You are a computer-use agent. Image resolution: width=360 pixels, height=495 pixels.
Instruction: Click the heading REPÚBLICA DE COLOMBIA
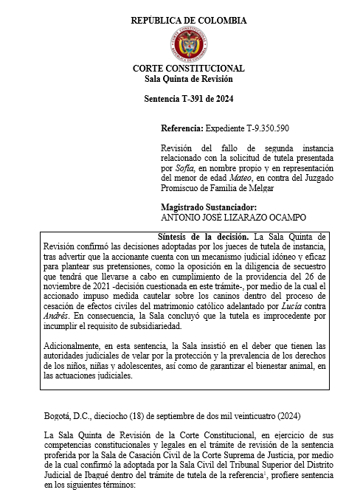189,21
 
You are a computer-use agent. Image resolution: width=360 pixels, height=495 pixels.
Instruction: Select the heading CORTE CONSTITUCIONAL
189,68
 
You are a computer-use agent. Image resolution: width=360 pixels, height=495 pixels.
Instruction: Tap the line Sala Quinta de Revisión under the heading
189,78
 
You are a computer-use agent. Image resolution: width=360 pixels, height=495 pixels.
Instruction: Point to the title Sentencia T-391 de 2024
189,98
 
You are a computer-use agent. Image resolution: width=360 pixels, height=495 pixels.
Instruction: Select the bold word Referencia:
181,128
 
